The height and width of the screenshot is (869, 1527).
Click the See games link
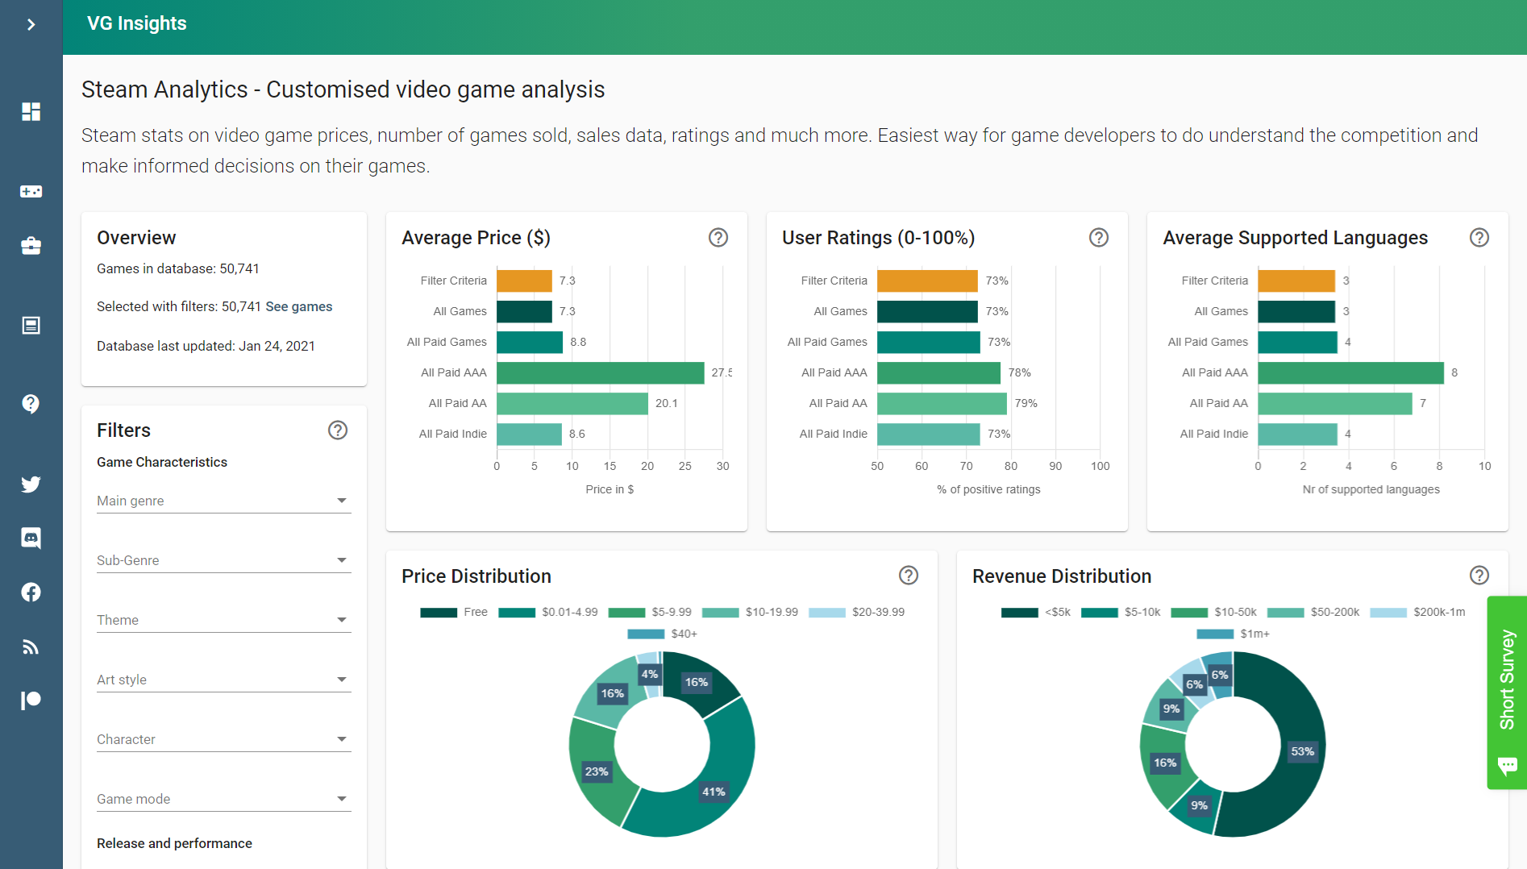298,306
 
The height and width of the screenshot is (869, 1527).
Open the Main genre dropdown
223,501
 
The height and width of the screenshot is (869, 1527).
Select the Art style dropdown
223,680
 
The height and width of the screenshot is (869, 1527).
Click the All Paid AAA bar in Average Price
600,372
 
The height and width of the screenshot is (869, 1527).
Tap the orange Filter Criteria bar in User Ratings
927,281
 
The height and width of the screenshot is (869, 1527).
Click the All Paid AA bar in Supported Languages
1334,403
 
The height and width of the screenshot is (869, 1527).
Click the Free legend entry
454,612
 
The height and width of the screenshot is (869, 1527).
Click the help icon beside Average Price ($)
718,238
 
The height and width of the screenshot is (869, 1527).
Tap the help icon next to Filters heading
338,430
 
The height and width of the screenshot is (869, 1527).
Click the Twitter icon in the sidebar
31,484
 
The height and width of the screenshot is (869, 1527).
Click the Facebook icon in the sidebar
31,592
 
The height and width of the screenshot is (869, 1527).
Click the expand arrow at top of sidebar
31,24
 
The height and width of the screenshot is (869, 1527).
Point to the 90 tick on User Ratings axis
1055,466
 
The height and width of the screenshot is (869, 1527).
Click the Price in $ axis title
610,489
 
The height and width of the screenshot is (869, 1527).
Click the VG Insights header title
137,23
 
